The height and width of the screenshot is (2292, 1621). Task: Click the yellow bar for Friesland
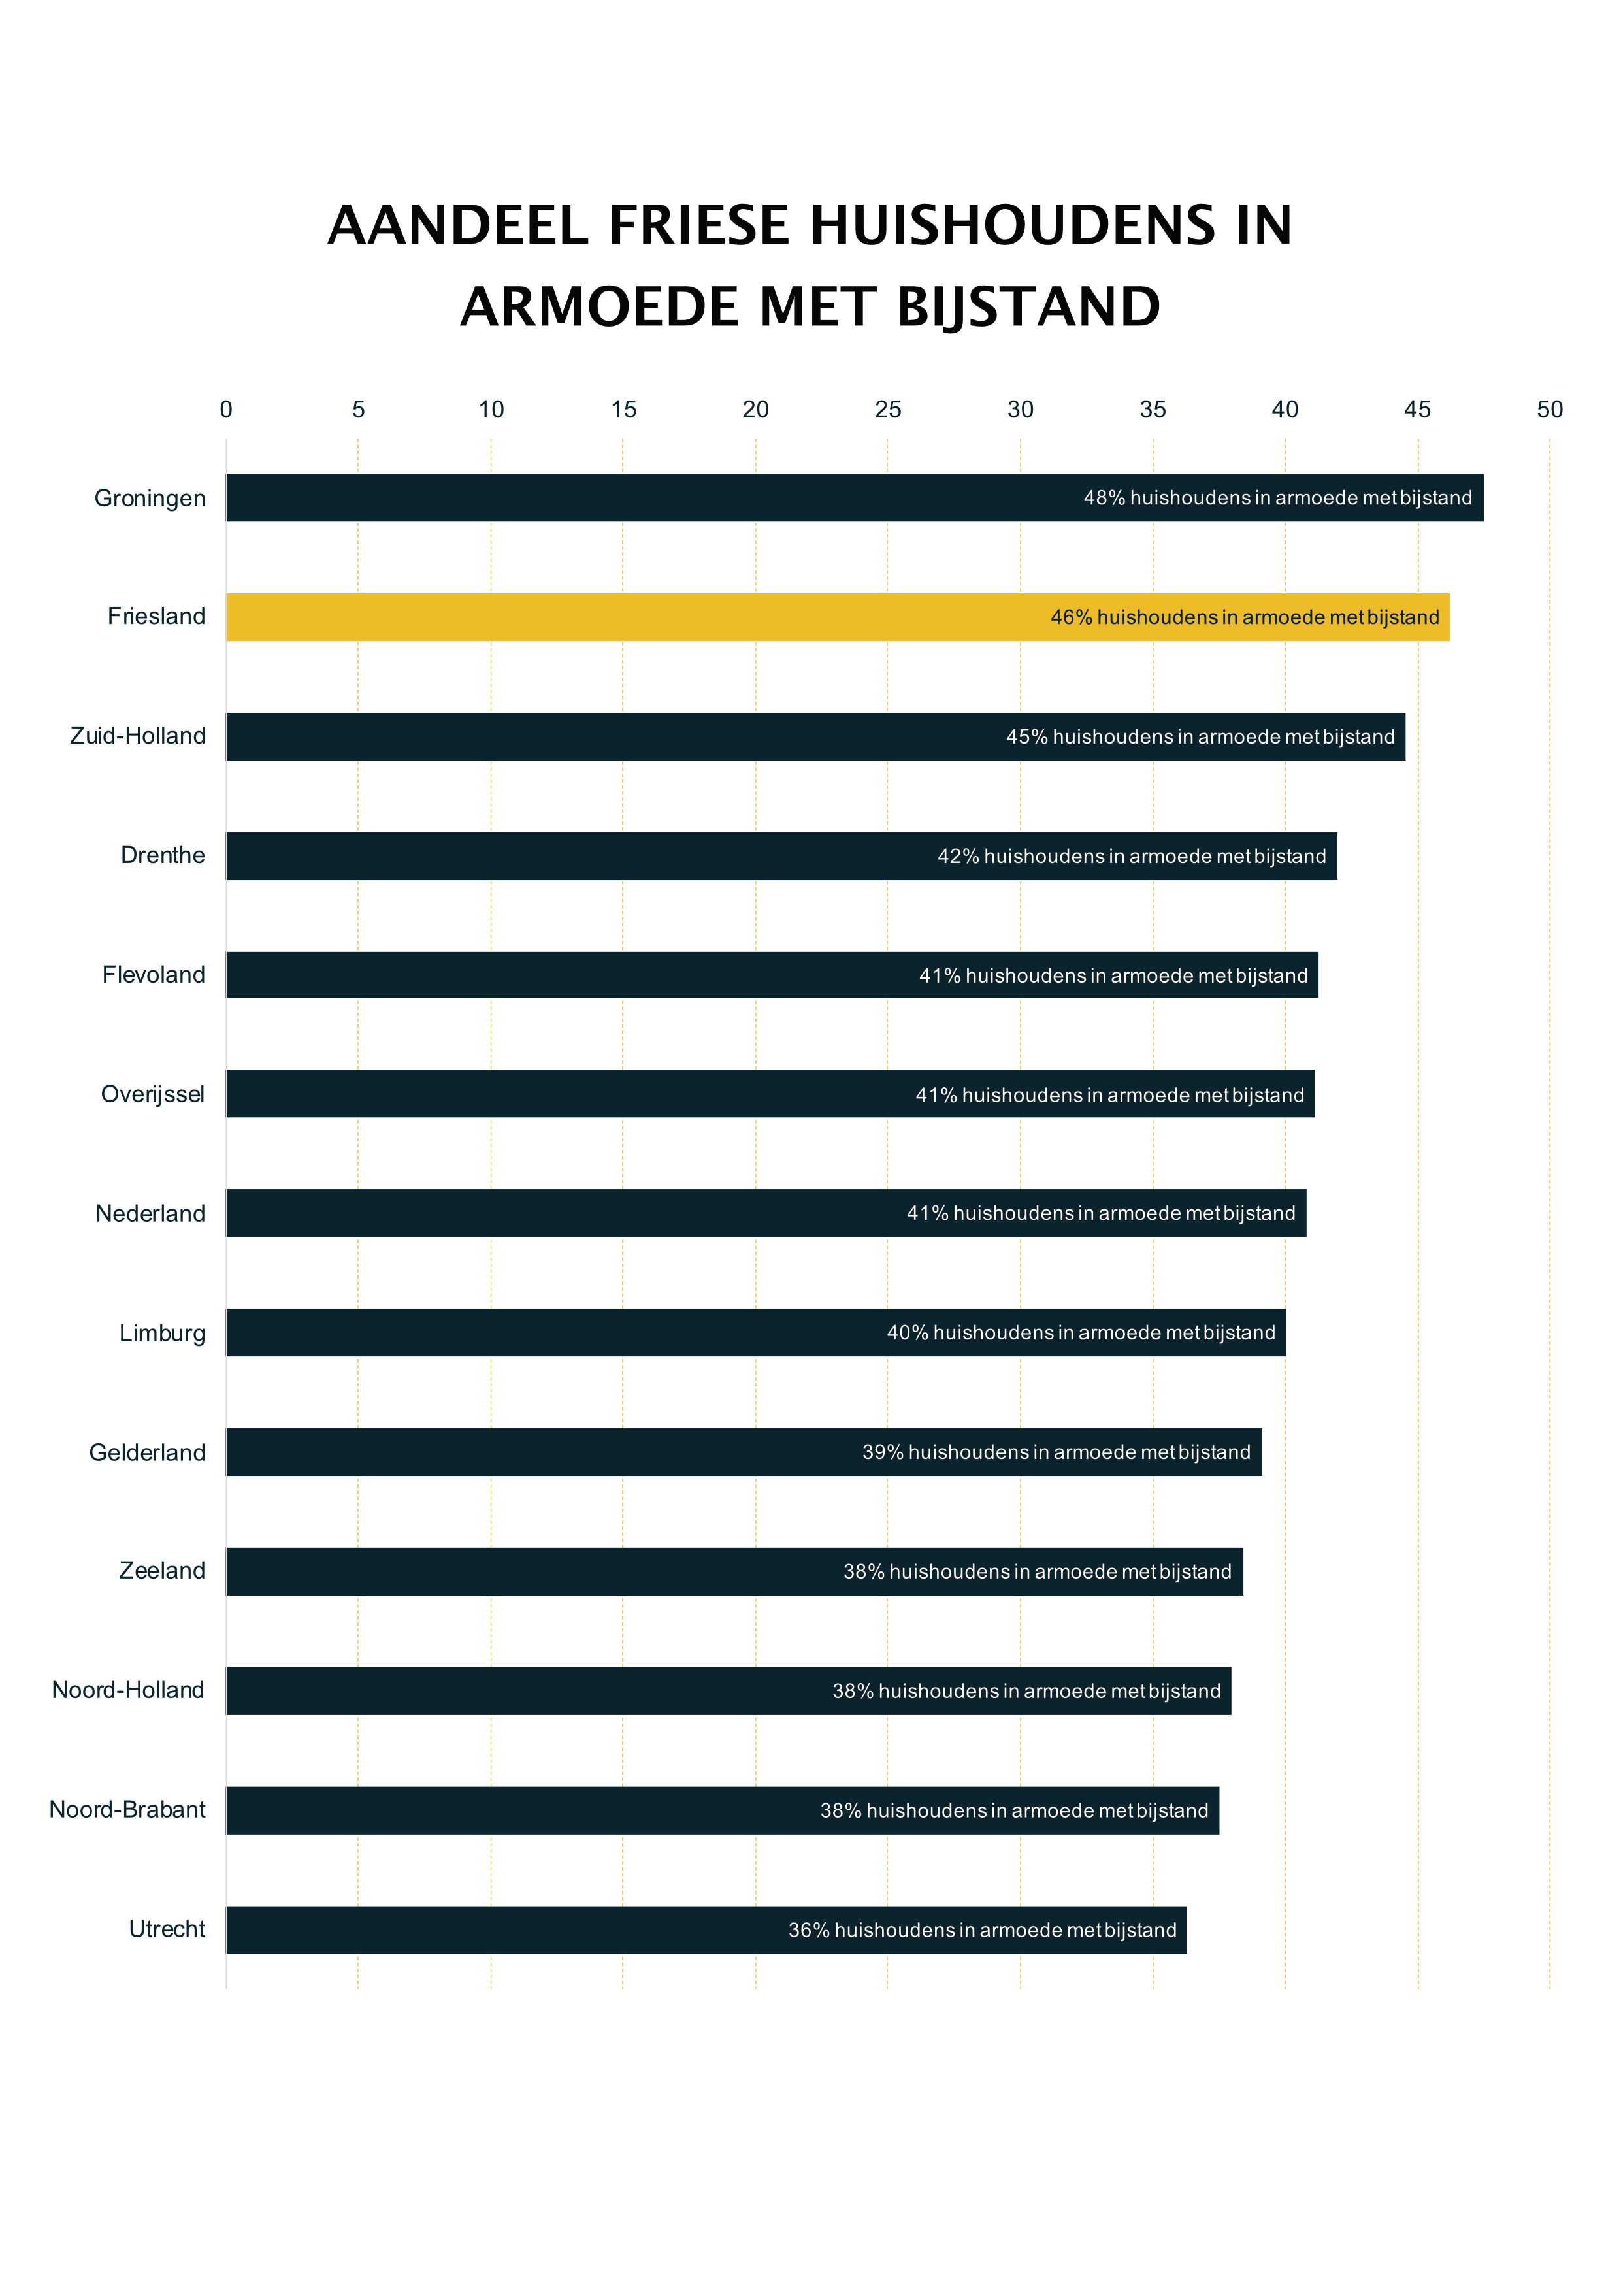pos(639,617)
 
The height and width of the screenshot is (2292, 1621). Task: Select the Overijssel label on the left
pos(153,1095)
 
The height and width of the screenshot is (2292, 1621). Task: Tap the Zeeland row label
pos(161,1571)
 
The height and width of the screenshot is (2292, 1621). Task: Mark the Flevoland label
pos(154,975)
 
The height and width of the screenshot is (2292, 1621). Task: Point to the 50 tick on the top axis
pos(1549,409)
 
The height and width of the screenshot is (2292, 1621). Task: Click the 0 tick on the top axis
pos(227,409)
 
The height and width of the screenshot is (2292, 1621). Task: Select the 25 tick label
pos(887,409)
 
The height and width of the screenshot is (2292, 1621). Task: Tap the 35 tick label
pos(1153,409)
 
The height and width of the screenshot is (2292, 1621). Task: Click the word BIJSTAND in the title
pos(1028,306)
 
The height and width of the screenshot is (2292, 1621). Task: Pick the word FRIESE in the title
pos(698,225)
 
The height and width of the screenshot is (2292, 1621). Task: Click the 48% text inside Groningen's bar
pos(1104,498)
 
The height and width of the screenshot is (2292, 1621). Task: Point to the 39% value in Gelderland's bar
pos(882,1452)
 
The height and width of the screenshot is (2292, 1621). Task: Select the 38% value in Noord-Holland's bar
pos(853,1691)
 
